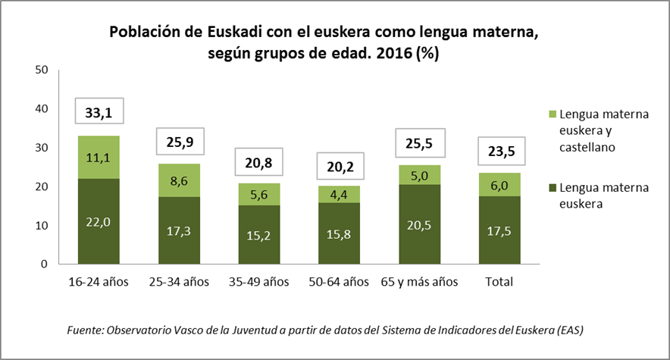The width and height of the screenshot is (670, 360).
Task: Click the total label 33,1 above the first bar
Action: [x=99, y=113]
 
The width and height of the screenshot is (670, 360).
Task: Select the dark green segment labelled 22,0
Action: [x=99, y=221]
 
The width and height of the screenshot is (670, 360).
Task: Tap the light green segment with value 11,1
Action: [x=99, y=157]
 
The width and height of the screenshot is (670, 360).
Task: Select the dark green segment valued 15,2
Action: [x=259, y=234]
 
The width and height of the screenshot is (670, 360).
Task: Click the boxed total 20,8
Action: [x=259, y=161]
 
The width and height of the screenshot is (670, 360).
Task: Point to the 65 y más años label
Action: [x=418, y=282]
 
